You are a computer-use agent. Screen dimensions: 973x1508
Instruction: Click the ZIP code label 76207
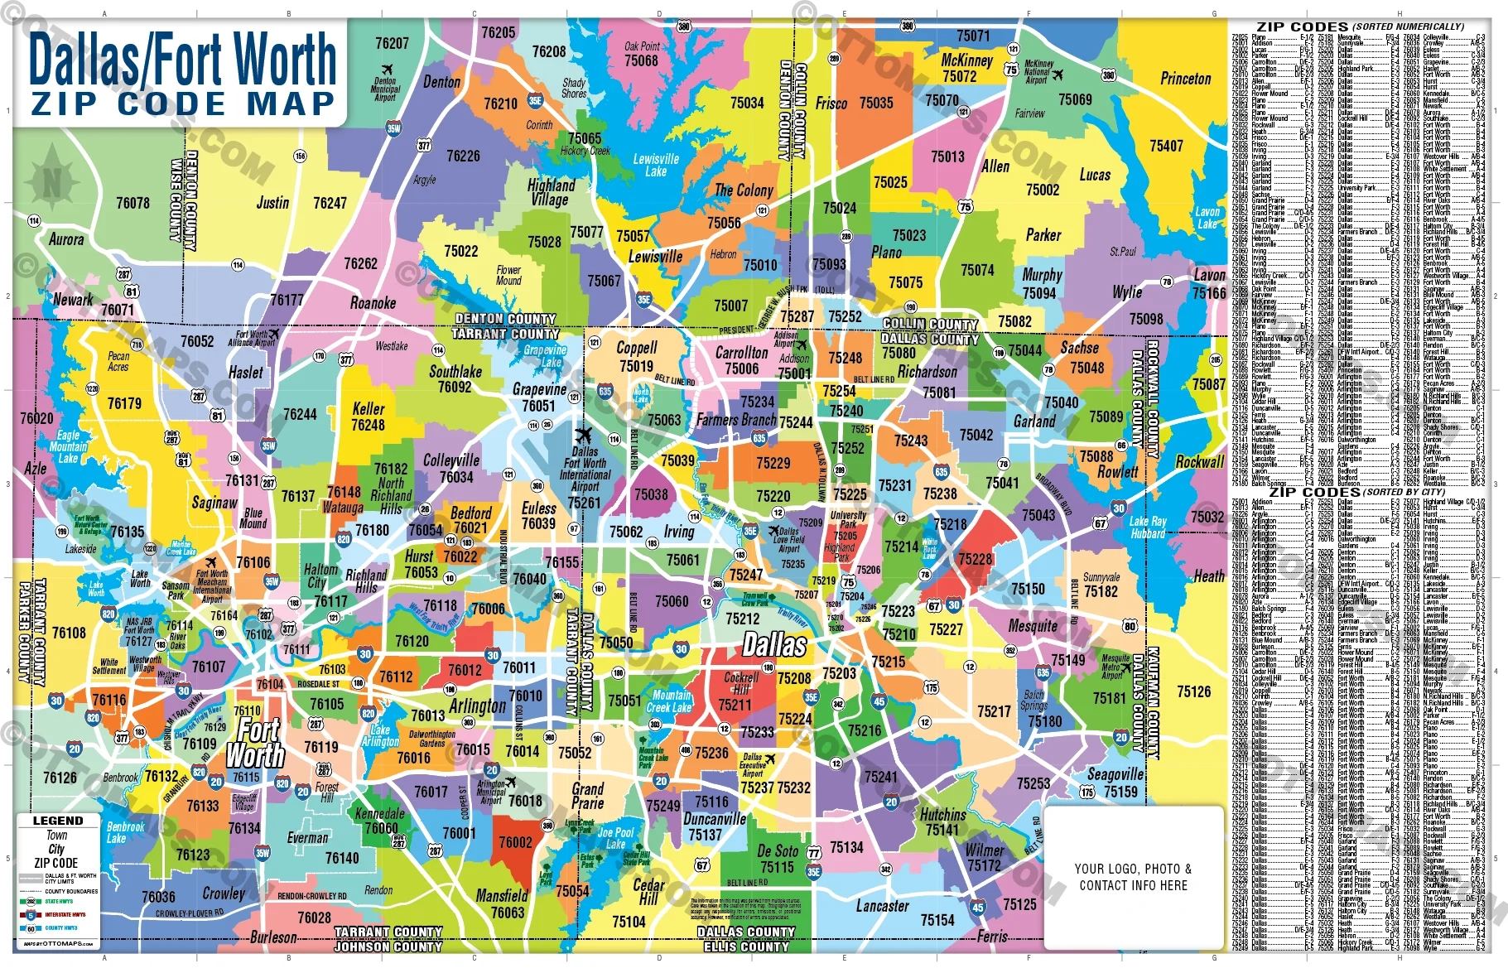(x=392, y=43)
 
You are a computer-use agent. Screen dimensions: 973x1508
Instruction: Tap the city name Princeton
(x=1185, y=79)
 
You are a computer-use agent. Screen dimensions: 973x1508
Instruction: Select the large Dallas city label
(x=774, y=644)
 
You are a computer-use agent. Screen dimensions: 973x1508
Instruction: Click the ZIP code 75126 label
(x=1193, y=691)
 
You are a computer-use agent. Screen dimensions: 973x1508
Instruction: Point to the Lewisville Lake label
(x=656, y=165)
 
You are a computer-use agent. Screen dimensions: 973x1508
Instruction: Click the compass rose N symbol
(x=52, y=179)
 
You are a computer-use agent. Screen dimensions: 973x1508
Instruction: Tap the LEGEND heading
(x=57, y=821)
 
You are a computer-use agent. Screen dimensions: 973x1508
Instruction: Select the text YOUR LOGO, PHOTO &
(x=1133, y=869)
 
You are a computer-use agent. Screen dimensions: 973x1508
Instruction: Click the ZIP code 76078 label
(x=132, y=203)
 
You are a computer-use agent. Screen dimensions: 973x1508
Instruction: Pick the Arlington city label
(x=477, y=706)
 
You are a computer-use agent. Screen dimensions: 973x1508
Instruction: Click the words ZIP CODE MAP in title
(x=183, y=104)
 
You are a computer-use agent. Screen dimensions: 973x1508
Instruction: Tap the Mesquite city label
(x=1033, y=626)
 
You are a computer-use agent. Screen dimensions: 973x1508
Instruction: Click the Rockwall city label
(x=1199, y=462)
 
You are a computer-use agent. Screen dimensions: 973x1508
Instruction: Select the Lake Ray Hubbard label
(x=1147, y=527)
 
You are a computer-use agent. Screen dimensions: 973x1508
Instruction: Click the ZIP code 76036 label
(x=158, y=897)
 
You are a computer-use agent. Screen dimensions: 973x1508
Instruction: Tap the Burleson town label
(x=273, y=937)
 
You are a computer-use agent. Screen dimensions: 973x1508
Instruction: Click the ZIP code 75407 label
(x=1166, y=146)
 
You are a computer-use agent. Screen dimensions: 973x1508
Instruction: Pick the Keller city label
(x=368, y=408)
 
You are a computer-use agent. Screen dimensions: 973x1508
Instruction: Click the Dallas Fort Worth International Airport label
(x=585, y=470)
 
